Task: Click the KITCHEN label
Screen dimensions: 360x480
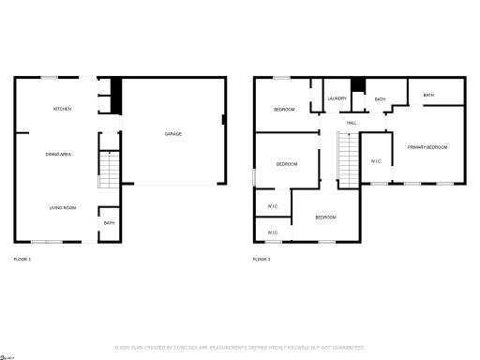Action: click(x=62, y=110)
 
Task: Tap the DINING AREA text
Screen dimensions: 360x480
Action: click(x=60, y=154)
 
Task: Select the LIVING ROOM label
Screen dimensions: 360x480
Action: click(x=62, y=207)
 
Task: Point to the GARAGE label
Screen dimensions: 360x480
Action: click(x=173, y=134)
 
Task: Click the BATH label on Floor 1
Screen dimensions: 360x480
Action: click(x=109, y=223)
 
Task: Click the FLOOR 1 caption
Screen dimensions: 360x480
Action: click(x=22, y=259)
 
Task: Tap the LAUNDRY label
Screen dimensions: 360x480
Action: click(x=337, y=98)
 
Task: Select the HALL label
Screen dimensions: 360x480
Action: click(x=352, y=123)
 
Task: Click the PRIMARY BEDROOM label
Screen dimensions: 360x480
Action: click(x=427, y=147)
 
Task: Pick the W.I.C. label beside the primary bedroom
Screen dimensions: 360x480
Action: click(x=376, y=160)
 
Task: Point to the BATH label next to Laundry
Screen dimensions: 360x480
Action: click(x=380, y=98)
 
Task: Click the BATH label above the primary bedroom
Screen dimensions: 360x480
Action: click(x=428, y=95)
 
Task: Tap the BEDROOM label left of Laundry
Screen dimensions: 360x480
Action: click(x=284, y=110)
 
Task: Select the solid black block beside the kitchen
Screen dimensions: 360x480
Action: click(x=117, y=91)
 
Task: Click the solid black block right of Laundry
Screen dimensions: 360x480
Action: click(x=357, y=87)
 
